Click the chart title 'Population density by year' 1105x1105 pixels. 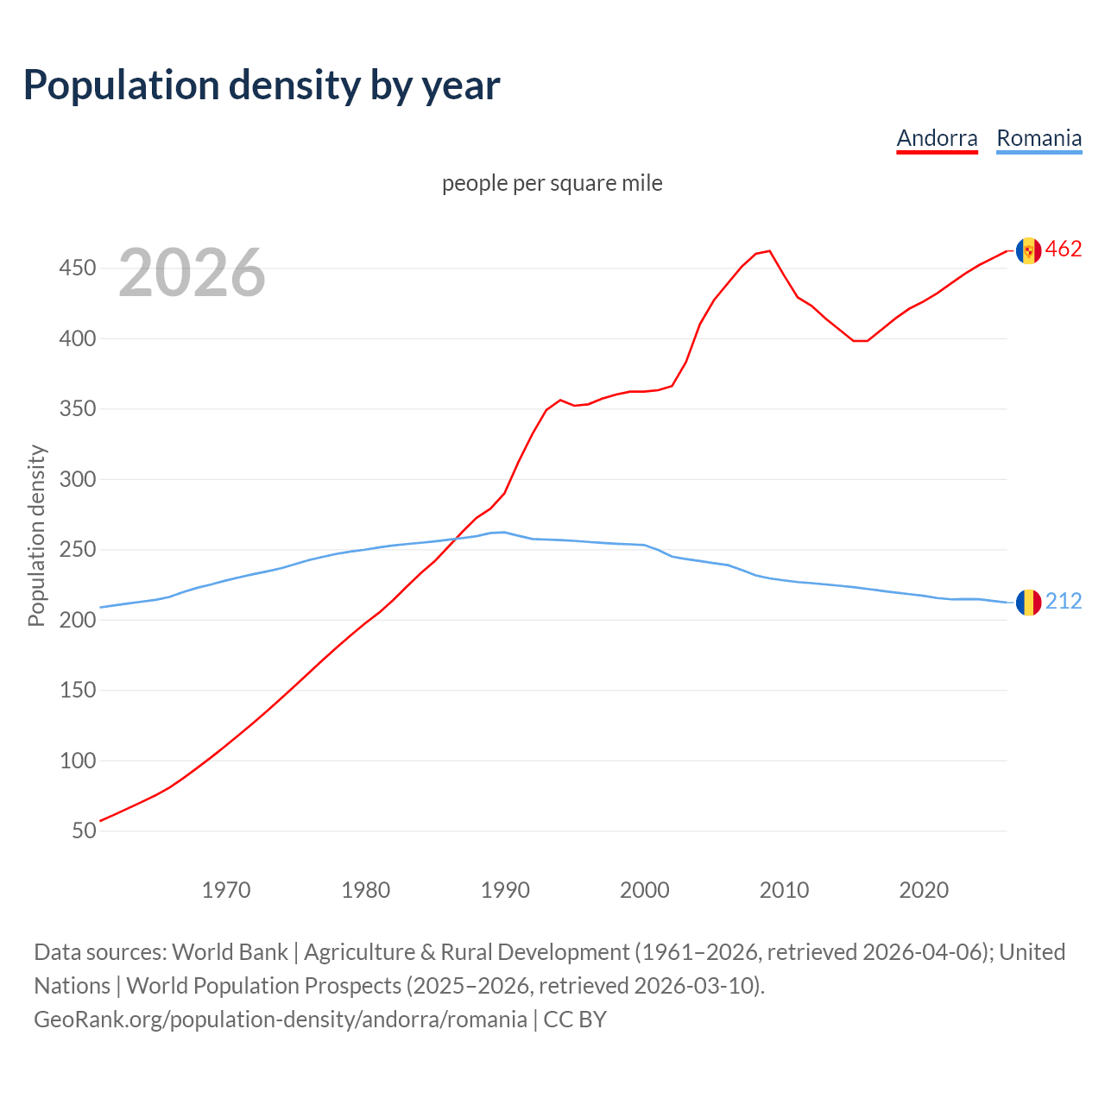(262, 85)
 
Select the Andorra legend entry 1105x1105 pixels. (937, 138)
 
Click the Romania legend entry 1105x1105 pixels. (1039, 138)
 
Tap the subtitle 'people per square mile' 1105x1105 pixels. (552, 183)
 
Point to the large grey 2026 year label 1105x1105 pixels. (192, 273)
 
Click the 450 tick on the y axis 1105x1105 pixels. (77, 268)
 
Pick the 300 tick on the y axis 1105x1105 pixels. (77, 479)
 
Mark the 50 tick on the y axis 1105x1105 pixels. (84, 830)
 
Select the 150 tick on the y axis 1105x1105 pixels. (77, 690)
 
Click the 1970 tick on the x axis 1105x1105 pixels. (226, 889)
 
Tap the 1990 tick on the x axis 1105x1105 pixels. (505, 889)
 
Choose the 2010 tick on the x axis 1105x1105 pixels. (784, 889)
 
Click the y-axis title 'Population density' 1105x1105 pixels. (36, 535)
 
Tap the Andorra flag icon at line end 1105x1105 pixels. (1028, 250)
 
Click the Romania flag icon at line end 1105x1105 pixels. (1028, 603)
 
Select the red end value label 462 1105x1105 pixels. (1064, 249)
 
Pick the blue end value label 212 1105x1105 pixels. (1064, 602)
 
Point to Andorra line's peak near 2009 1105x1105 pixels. (769, 251)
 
